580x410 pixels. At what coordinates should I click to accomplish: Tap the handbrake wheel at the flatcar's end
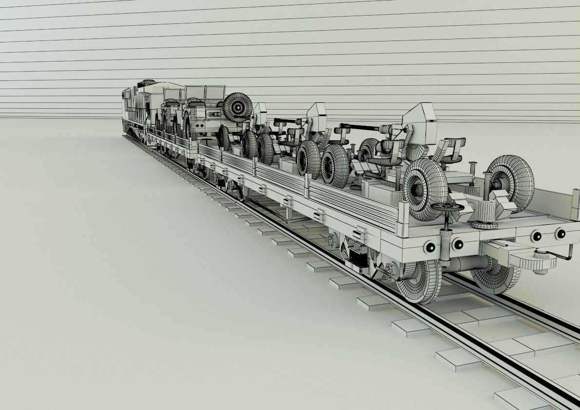(x=447, y=208)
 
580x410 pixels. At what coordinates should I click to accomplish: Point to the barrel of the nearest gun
(x=361, y=128)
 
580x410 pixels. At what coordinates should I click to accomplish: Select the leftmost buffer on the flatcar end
(x=430, y=247)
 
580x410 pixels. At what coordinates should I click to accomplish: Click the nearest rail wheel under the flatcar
(x=419, y=281)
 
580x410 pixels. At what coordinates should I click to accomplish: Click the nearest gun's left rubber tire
(x=424, y=188)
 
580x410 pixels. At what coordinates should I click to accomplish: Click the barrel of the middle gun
(x=288, y=120)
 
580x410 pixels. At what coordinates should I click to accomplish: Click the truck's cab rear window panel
(x=205, y=93)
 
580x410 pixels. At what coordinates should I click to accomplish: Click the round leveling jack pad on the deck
(x=484, y=224)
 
